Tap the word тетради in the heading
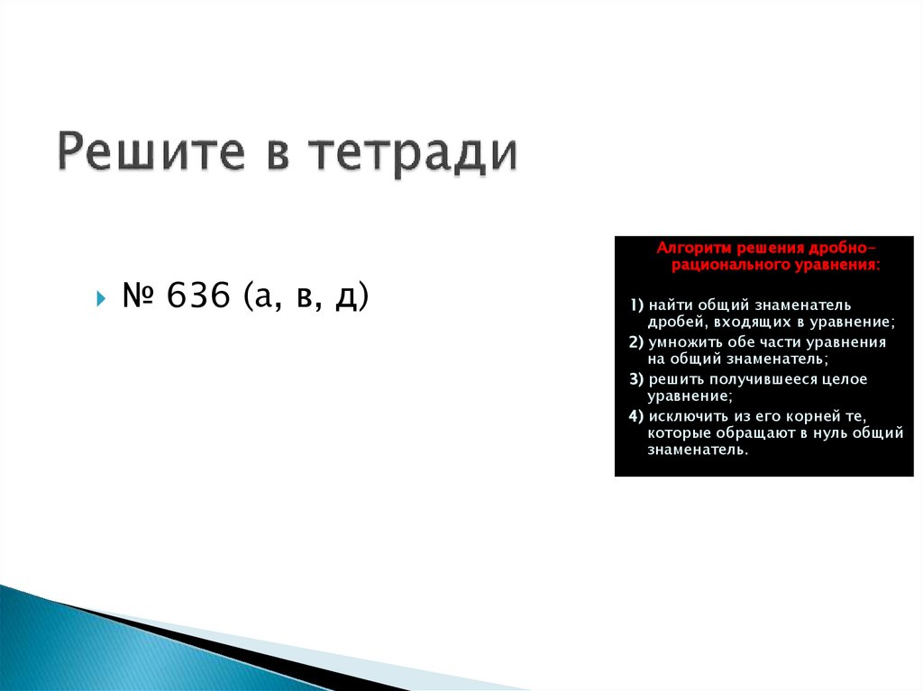pos(415,151)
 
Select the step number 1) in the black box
pos(636,305)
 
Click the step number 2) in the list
pos(636,342)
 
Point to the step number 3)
pos(636,379)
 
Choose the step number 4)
pos(636,415)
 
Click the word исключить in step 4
pos(690,415)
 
